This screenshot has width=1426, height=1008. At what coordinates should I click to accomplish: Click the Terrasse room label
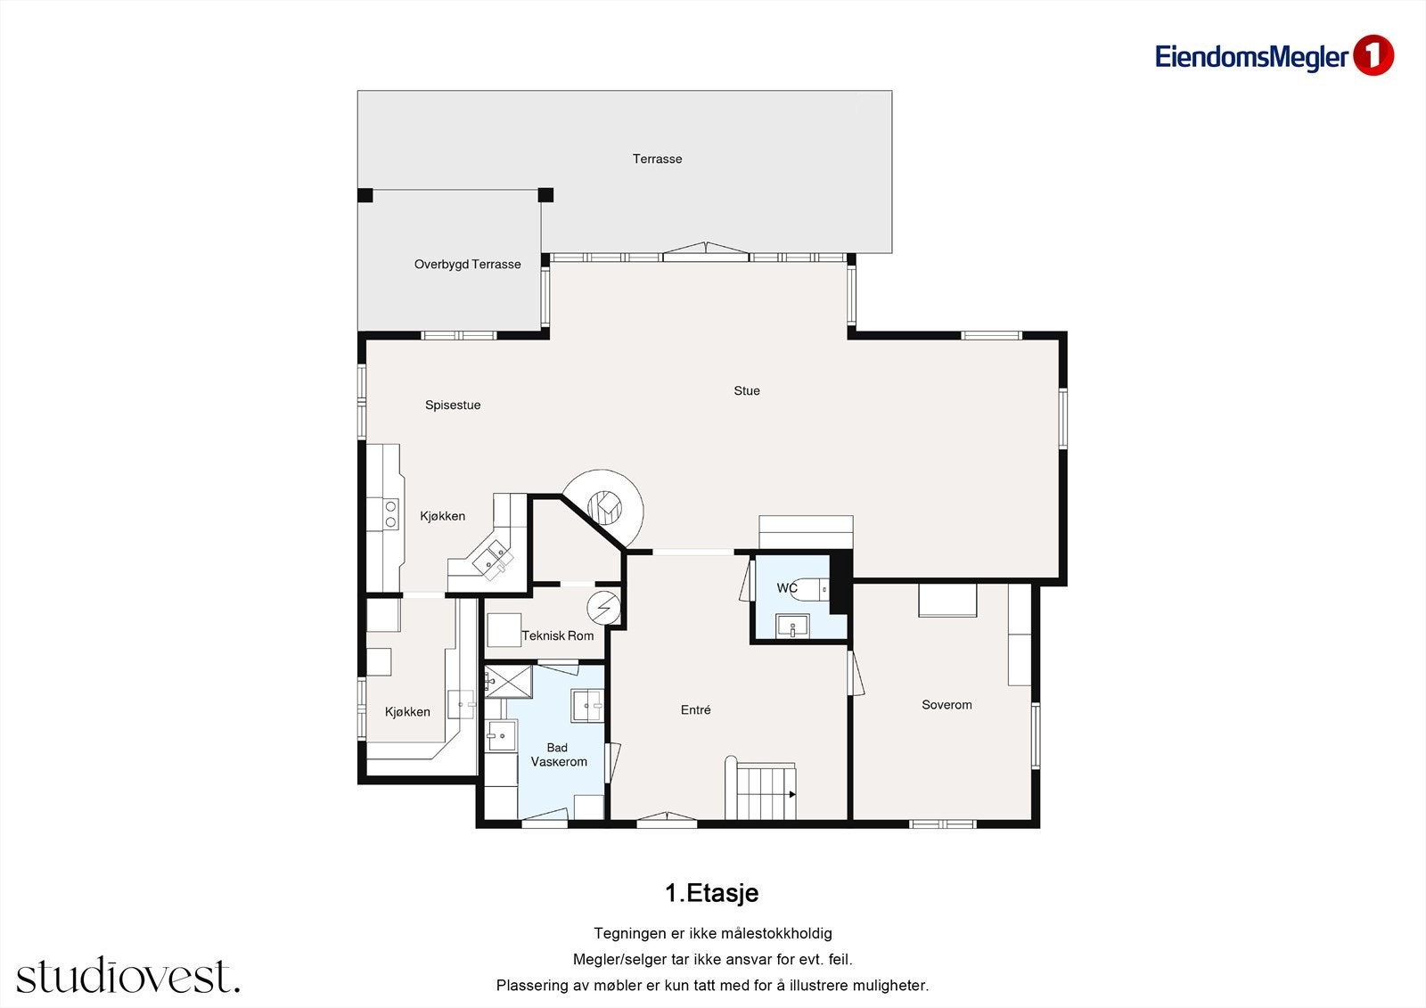point(657,159)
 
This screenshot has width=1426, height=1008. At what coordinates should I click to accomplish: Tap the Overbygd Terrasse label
point(467,265)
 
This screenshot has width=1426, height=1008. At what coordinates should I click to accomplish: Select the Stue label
point(747,390)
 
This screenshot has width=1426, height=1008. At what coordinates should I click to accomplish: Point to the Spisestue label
point(453,405)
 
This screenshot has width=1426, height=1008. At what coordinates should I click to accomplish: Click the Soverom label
point(947,704)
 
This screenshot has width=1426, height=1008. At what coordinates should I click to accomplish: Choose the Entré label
point(695,709)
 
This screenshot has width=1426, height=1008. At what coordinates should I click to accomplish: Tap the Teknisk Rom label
point(558,635)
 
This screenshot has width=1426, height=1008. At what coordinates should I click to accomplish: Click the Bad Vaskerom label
point(559,755)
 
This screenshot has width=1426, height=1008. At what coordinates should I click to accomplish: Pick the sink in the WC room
point(792,626)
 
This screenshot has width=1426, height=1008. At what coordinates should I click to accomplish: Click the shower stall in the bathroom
point(509,681)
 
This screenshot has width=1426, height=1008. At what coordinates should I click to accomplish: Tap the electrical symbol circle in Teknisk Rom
point(603,608)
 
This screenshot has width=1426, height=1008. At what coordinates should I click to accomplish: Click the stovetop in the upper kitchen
point(390,514)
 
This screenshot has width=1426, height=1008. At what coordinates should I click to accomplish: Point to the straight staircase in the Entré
point(761,791)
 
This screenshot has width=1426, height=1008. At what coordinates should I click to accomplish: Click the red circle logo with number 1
point(1373,55)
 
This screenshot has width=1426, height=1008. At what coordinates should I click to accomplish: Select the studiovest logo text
point(128,975)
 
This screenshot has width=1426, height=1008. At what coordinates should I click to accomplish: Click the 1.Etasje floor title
point(712,893)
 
